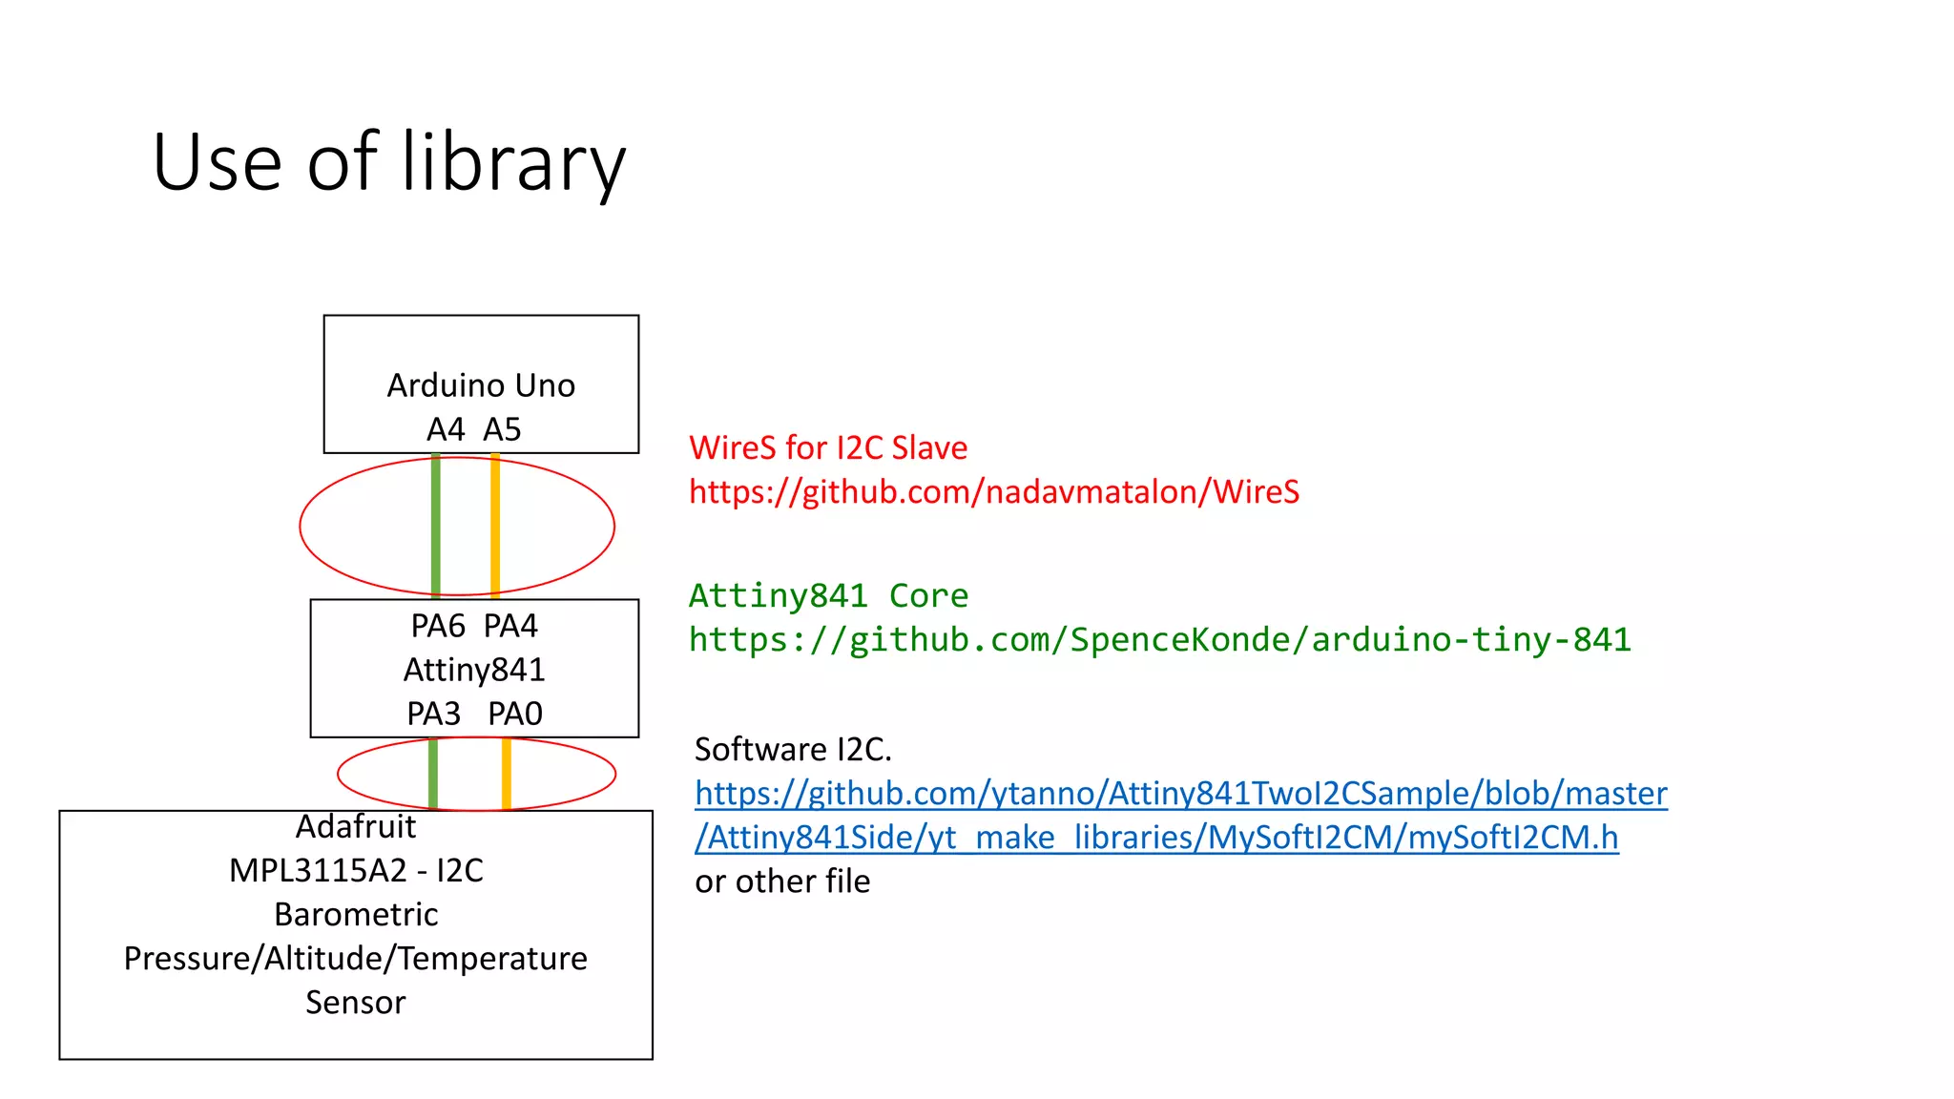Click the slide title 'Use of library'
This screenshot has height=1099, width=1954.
point(389,163)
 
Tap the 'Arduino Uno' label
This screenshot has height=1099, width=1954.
point(481,385)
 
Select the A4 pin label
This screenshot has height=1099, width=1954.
point(446,429)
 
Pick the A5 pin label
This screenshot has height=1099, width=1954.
point(502,429)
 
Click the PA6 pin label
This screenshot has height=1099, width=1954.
point(438,626)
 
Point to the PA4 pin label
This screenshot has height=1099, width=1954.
point(510,626)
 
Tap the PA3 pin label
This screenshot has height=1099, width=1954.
point(434,714)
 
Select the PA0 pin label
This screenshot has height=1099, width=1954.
point(515,714)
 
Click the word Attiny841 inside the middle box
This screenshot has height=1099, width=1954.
point(474,670)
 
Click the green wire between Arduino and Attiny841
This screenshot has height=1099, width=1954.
point(436,526)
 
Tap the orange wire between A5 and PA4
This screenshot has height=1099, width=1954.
point(495,526)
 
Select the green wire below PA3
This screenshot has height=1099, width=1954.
point(433,773)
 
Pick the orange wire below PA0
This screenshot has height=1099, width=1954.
point(507,773)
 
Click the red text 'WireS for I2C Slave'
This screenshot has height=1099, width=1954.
point(828,447)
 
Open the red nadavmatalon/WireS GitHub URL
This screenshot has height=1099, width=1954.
point(994,491)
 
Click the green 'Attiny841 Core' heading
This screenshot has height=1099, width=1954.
point(828,595)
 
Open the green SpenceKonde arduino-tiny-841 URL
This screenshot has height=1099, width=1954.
point(1160,639)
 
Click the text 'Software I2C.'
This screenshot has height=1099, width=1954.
point(793,750)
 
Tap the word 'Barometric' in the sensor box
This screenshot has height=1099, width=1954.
point(356,914)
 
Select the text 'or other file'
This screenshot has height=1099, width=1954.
point(782,881)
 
